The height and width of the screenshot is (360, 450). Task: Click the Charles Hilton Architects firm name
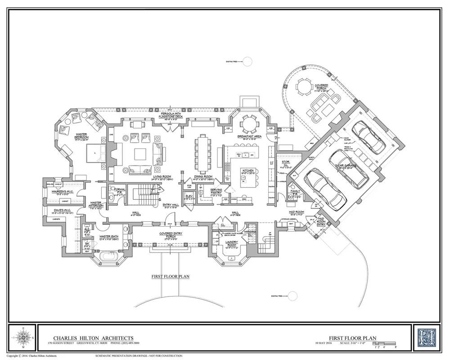pyautogui.click(x=93, y=337)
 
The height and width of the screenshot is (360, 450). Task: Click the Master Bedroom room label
pyautogui.click(x=81, y=135)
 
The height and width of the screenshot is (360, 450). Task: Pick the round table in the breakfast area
pyautogui.click(x=249, y=122)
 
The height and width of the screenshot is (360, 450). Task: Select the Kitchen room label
pyautogui.click(x=248, y=170)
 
